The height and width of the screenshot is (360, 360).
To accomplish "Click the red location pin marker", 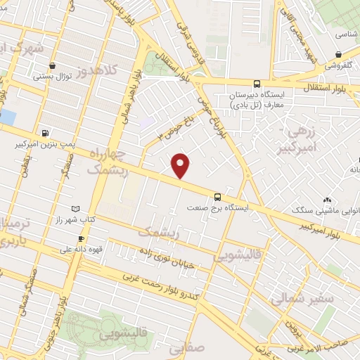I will [181, 165].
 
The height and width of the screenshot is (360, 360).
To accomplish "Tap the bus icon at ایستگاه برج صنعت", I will [217, 197].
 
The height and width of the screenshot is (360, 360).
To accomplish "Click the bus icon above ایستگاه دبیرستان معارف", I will [257, 84].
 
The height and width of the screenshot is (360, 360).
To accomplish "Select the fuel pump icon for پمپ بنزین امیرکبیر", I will [46, 132].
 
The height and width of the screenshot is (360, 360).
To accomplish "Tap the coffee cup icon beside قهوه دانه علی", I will [81, 238].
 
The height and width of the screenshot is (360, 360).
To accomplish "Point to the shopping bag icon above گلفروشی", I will [339, 54].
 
